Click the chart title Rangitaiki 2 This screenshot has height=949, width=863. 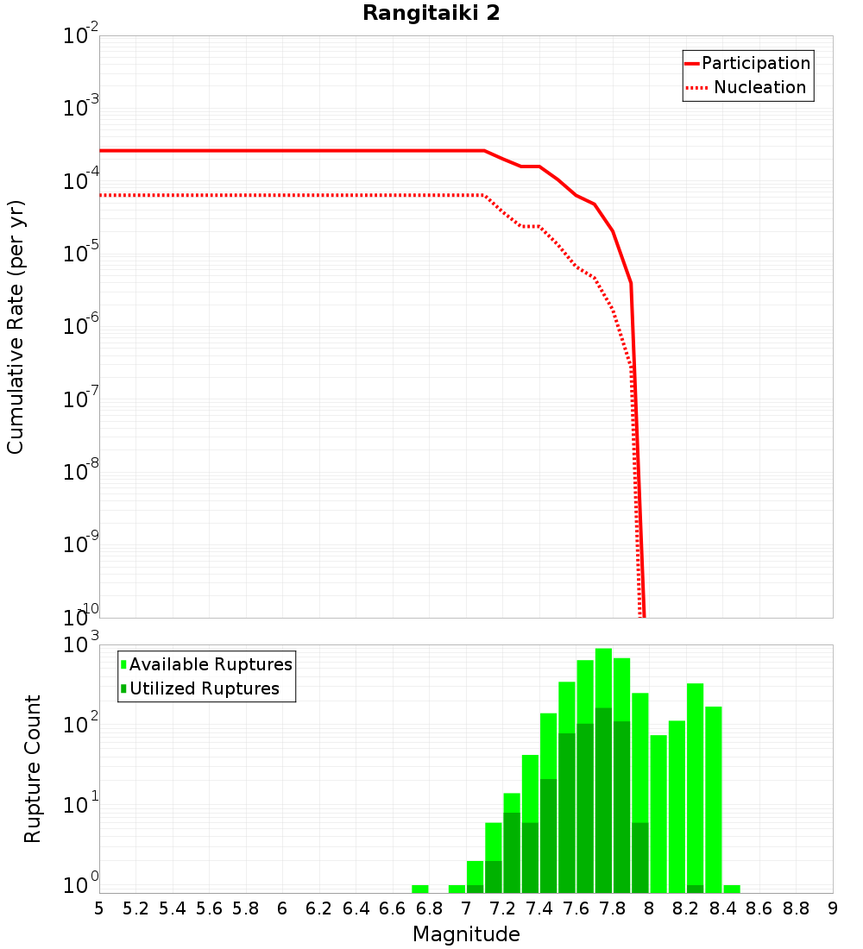tap(431, 13)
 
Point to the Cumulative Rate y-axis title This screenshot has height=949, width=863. tap(16, 327)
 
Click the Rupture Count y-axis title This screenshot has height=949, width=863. tap(33, 768)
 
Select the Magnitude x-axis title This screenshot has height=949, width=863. tap(466, 934)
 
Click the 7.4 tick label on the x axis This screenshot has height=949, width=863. tap(539, 908)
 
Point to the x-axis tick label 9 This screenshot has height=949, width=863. tap(832, 908)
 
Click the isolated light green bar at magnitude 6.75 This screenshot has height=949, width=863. tap(420, 889)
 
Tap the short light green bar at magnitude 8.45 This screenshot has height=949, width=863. tap(732, 889)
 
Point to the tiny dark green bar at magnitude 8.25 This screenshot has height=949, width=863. tap(695, 889)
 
